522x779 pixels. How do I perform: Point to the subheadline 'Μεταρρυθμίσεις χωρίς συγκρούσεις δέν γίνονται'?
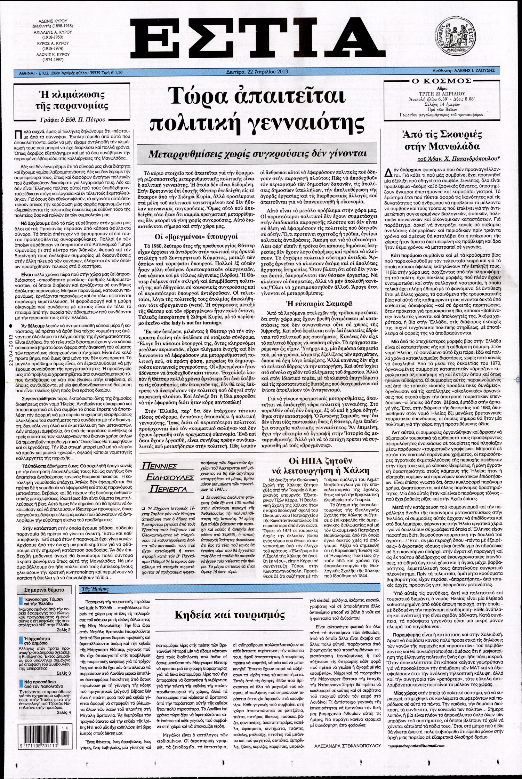(257, 153)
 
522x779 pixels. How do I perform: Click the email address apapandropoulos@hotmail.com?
(416, 763)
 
